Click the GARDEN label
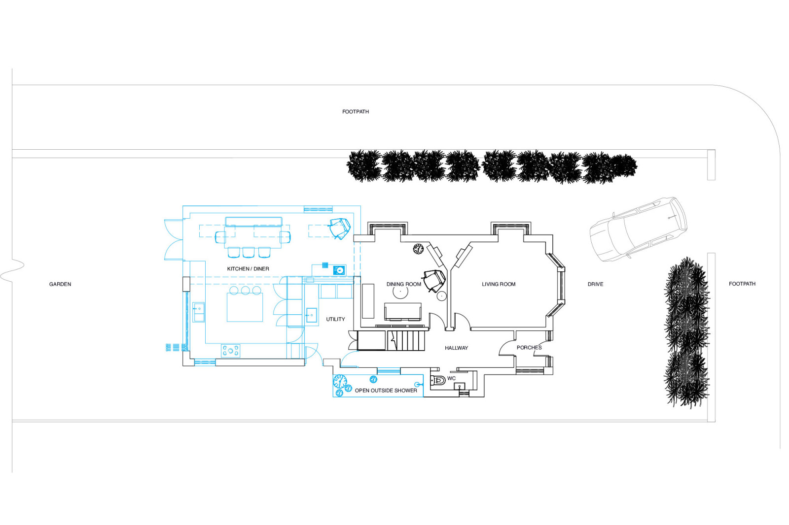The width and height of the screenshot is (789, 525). (x=60, y=284)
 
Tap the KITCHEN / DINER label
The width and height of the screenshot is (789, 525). (x=248, y=269)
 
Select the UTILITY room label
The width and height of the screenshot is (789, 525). (x=335, y=319)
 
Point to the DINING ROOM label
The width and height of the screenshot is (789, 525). (x=404, y=284)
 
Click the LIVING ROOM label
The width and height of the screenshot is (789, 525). (x=499, y=284)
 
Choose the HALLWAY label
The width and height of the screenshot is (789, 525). (x=456, y=348)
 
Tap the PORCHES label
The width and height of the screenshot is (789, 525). (x=529, y=348)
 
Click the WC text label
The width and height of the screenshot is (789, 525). (x=451, y=378)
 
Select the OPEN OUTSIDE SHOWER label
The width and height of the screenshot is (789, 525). (x=386, y=390)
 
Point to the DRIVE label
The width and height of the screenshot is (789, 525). (x=595, y=284)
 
